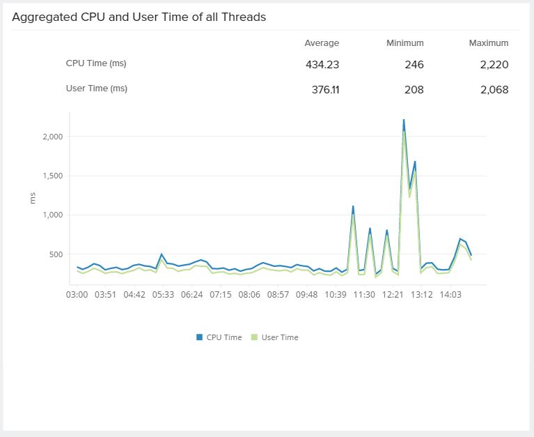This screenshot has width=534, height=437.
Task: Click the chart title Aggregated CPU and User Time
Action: pos(139,17)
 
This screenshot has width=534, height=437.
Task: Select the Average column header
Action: pos(322,43)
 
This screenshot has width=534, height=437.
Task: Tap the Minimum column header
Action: pos(405,43)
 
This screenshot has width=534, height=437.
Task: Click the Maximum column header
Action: pos(489,43)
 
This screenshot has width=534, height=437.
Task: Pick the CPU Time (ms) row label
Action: pos(96,63)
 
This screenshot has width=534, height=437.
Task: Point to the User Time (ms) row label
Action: pos(97,89)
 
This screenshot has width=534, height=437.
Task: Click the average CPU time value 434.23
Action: pos(322,65)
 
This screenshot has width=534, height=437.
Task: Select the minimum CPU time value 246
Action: pos(414,65)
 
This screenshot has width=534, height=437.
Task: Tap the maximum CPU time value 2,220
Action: pos(494,65)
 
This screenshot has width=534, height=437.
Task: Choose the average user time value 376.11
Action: pos(322,90)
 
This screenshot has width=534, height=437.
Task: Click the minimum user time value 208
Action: pos(414,90)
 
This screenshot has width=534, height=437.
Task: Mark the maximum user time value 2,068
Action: pos(494,90)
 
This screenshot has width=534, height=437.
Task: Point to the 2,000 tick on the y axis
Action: pos(52,137)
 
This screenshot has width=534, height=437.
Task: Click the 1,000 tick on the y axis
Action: pos(52,215)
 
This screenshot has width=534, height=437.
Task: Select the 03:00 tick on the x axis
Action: pos(77,295)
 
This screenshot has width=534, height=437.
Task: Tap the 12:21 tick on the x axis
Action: pos(393,295)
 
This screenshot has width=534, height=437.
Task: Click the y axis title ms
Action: pos(33,198)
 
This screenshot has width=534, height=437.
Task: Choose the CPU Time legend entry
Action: pos(219,337)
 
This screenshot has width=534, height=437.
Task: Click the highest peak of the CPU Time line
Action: pos(404,120)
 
